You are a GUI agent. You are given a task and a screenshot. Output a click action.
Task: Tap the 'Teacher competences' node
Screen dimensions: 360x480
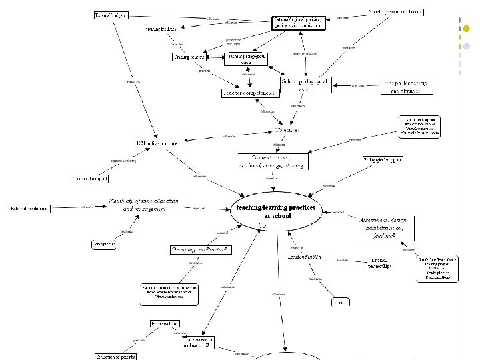click(249, 93)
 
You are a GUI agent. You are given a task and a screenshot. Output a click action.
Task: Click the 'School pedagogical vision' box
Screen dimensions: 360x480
click(305, 84)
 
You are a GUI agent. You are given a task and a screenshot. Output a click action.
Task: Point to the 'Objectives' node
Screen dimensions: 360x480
click(287, 129)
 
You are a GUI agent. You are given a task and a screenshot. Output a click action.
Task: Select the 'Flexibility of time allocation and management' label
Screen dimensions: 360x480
click(145, 205)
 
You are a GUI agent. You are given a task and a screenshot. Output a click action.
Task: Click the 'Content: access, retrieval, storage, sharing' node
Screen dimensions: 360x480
click(274, 161)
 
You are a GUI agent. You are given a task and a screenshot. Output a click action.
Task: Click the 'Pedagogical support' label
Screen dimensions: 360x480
click(381, 160)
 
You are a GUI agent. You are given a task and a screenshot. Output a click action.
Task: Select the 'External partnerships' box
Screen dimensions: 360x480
click(379, 263)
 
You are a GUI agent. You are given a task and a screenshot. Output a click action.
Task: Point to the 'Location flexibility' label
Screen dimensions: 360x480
click(305, 257)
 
